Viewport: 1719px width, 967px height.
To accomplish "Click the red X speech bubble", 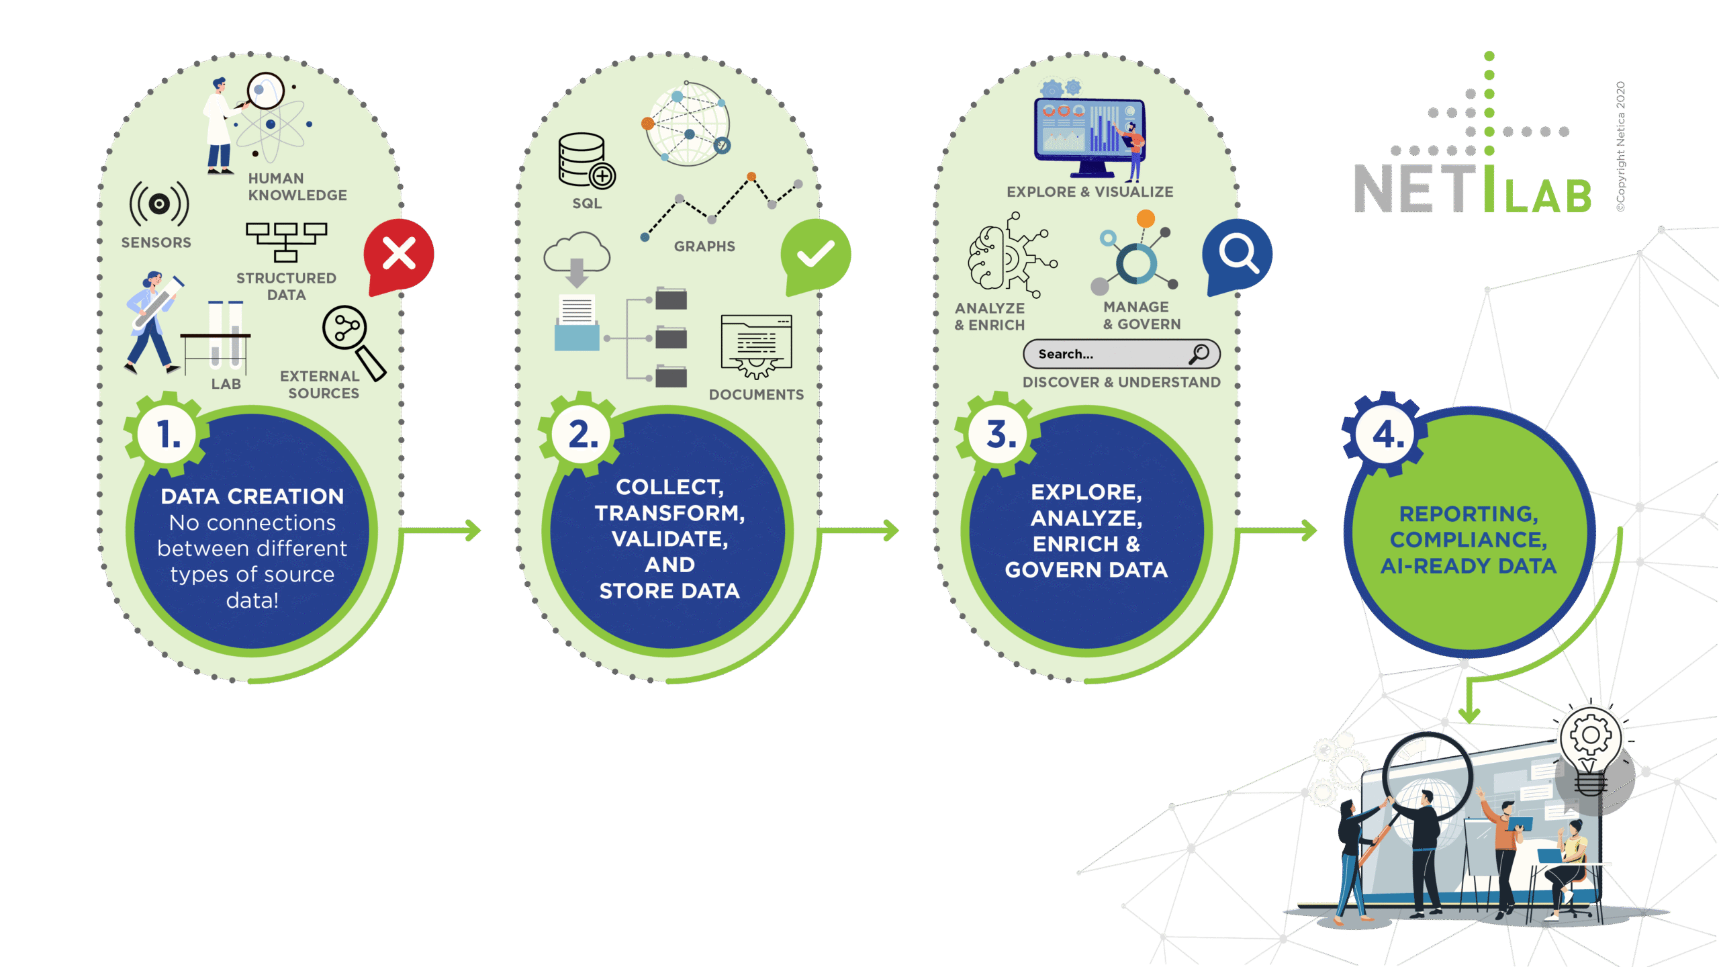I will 399,255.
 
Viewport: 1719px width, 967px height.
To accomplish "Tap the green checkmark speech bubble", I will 815,255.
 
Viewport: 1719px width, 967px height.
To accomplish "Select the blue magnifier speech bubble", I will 1237,255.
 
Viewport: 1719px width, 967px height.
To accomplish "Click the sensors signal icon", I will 159,203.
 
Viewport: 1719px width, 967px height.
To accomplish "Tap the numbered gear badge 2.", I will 582,434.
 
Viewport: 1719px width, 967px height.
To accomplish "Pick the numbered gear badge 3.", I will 1000,434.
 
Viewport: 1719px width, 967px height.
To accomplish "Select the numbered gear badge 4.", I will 1385,434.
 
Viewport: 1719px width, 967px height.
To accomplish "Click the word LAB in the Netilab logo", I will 1548,196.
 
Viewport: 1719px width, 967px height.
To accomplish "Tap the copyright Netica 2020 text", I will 1621,146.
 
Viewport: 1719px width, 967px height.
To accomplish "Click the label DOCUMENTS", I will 756,395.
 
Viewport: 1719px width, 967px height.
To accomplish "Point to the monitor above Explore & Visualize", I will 1088,134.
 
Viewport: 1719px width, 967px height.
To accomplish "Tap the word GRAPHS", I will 704,246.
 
